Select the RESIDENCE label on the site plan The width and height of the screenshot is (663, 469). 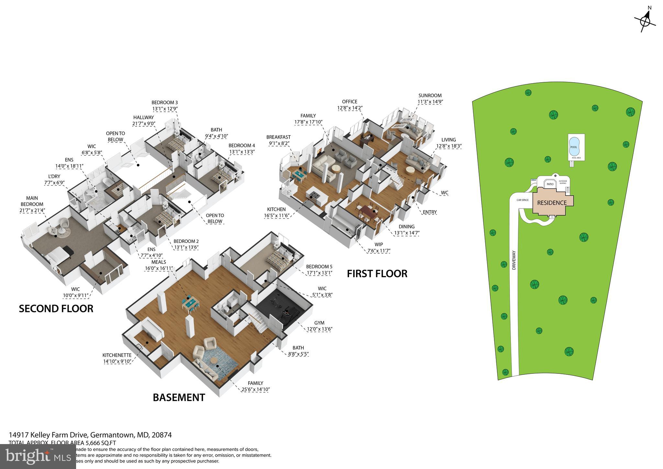(552, 203)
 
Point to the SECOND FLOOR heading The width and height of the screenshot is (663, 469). (56, 309)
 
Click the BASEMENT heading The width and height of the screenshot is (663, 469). (179, 397)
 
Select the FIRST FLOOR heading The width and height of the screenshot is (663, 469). (377, 274)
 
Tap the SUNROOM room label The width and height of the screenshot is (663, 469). (430, 96)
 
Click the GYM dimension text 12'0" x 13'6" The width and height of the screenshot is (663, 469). (320, 329)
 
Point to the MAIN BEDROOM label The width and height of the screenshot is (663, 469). (32, 201)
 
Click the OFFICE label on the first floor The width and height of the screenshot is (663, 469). (350, 102)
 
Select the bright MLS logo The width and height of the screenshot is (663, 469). (38, 456)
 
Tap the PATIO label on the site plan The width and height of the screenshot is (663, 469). (550, 184)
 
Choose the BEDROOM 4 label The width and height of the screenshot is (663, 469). (242, 145)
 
